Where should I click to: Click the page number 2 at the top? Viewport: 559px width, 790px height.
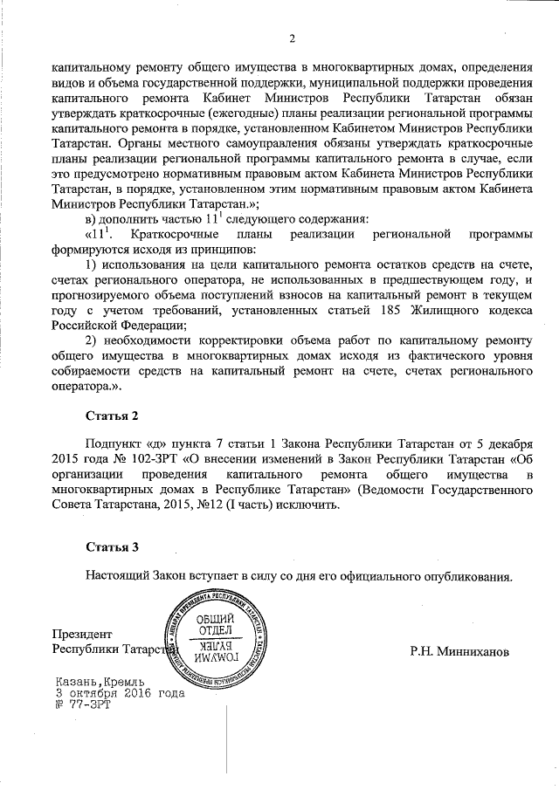(x=292, y=38)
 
